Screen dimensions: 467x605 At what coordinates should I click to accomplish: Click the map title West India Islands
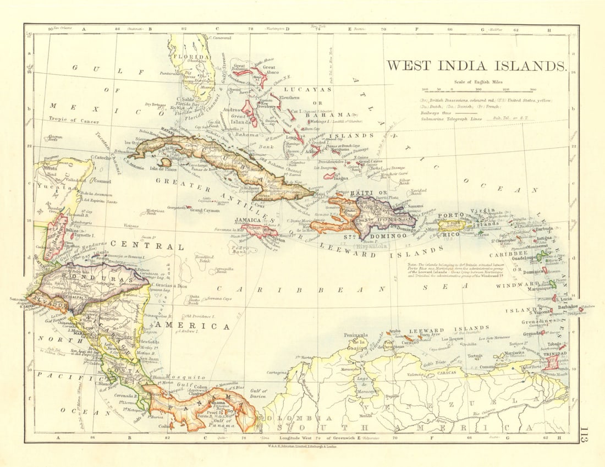(x=476, y=66)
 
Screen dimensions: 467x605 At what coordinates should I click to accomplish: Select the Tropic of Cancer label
(x=73, y=119)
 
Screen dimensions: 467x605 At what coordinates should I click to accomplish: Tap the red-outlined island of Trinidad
(x=552, y=361)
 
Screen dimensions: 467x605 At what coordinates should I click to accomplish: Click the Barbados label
(x=566, y=307)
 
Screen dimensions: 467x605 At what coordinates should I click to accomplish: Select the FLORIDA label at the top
(x=190, y=57)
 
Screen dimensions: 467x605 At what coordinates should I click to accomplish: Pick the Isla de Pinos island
(x=163, y=162)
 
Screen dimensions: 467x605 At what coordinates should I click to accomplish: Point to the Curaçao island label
(x=410, y=342)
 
